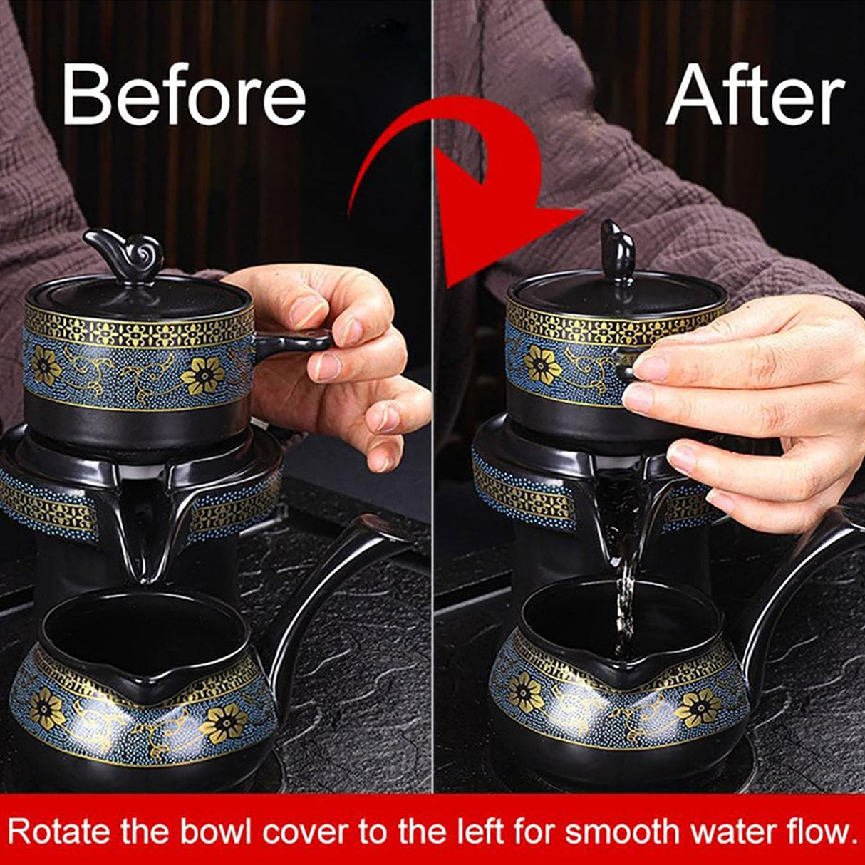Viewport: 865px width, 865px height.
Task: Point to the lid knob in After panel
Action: tap(617, 249)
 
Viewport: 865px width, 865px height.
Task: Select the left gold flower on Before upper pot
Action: tap(47, 366)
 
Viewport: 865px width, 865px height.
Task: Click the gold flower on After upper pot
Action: tap(542, 364)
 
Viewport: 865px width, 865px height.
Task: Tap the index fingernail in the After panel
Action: tap(650, 368)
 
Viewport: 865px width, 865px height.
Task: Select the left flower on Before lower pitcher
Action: tap(47, 709)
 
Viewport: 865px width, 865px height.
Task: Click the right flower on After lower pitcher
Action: tap(699, 707)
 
